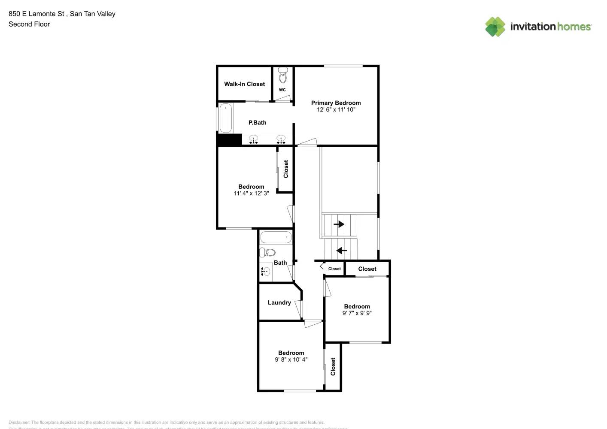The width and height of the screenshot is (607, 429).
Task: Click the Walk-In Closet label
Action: coord(244,84)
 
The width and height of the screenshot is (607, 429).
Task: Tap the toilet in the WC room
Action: coord(282,76)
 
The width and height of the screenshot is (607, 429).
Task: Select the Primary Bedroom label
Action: coord(336,103)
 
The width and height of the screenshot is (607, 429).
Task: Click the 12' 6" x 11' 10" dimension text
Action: coord(336,110)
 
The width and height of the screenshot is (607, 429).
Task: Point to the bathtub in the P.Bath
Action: coord(226,118)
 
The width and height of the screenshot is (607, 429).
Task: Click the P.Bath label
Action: coord(257,123)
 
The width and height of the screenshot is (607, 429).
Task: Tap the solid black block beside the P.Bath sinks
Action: coord(229,140)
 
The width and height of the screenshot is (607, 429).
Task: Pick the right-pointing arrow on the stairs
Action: coord(339,224)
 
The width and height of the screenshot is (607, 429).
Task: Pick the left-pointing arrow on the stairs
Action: coord(341,251)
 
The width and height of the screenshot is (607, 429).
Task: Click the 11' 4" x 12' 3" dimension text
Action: coord(251,193)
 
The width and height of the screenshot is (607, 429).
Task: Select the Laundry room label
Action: coord(279,302)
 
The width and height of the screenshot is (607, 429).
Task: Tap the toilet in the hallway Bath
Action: coord(267,252)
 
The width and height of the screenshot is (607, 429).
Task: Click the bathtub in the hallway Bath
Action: coord(276,237)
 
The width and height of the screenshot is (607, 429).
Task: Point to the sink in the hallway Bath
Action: coord(266,271)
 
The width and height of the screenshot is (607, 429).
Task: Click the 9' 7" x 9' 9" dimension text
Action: coord(357,313)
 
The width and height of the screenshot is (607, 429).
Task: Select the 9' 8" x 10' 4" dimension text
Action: coord(291,360)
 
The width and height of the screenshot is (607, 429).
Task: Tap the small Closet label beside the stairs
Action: coord(334,269)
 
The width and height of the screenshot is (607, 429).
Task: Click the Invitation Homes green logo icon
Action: coord(495,27)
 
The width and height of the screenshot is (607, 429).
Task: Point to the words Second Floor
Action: coord(29,24)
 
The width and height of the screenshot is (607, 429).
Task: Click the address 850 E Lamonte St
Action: coord(36,14)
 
